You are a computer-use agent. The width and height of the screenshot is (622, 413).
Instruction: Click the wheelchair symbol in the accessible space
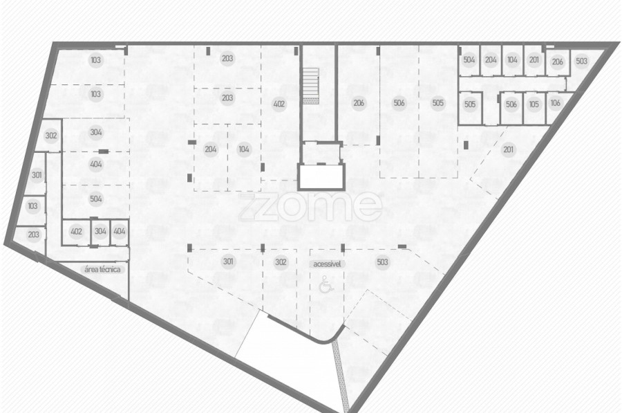326,284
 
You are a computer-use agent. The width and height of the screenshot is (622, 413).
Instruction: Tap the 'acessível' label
327,264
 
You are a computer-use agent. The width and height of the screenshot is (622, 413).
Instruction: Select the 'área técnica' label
102,269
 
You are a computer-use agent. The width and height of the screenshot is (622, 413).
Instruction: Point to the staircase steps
311,84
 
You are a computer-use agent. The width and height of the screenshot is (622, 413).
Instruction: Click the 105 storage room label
534,104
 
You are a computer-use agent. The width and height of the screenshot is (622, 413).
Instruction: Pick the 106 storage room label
556,103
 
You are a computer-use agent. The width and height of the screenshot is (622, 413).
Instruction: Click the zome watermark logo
310,206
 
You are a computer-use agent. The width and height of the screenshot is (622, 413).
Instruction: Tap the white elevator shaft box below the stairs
321,176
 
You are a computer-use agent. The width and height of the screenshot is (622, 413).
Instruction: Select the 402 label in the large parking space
279,104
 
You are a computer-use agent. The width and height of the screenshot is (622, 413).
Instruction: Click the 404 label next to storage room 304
120,231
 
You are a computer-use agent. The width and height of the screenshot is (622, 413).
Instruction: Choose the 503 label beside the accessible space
382,262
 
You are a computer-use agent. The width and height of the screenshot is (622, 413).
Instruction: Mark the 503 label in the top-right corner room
581,61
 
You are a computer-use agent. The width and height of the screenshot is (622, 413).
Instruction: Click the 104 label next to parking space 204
243,149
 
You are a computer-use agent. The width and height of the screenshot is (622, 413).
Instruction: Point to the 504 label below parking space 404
96,199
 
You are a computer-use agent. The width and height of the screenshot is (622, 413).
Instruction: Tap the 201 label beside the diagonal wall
508,149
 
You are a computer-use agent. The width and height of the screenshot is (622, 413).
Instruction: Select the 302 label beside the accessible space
281,262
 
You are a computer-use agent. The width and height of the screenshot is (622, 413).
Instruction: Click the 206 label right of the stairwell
359,103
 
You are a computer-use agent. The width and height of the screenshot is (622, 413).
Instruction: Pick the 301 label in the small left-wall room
37,175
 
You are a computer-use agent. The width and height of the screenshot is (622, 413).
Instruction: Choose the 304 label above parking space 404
96,132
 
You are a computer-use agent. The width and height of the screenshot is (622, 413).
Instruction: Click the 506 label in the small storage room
511,104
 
